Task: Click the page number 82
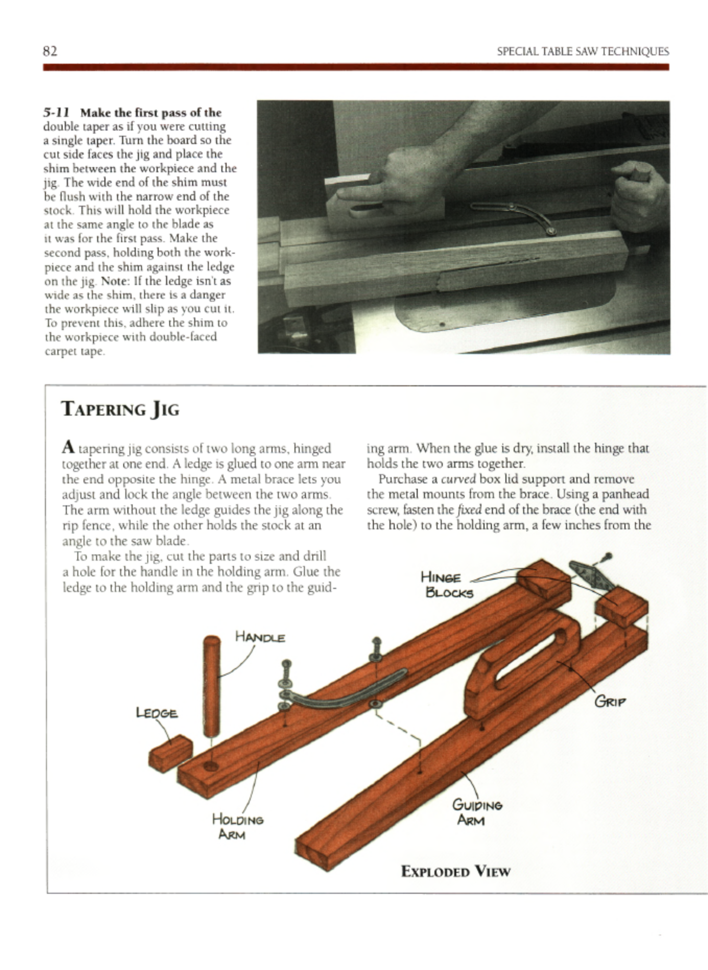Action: click(x=50, y=51)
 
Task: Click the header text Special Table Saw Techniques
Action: click(x=582, y=51)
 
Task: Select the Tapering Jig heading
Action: click(x=120, y=409)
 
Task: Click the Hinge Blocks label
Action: click(x=447, y=585)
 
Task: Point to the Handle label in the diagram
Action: click(x=259, y=637)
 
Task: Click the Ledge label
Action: click(x=156, y=713)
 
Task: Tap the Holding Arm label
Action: click(x=238, y=826)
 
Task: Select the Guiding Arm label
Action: click(x=477, y=812)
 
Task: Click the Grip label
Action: click(x=609, y=701)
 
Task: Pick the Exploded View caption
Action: click(x=455, y=871)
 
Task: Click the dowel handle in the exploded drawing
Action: click(x=211, y=684)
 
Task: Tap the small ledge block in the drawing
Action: click(x=170, y=753)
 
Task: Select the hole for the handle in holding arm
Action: click(x=210, y=766)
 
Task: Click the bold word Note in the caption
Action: click(x=114, y=281)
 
